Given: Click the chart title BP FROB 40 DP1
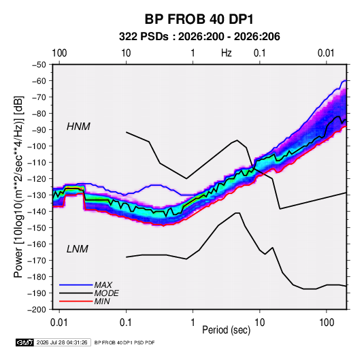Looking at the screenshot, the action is click(x=199, y=19).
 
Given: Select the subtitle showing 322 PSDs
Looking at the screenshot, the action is click(x=199, y=37).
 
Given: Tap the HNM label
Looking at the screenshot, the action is click(x=78, y=127).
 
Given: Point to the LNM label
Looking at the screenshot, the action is click(x=78, y=249).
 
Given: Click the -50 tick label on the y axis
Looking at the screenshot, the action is click(x=39, y=65).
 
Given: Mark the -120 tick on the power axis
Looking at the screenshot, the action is click(x=37, y=179).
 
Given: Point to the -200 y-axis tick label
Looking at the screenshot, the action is click(x=37, y=310).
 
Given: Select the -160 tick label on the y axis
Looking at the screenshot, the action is click(x=37, y=244).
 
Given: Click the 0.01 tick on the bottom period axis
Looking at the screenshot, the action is click(x=59, y=323).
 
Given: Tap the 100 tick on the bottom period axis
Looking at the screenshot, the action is click(x=327, y=323).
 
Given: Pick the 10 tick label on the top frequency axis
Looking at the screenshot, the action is click(x=126, y=53).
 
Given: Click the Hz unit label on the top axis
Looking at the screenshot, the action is click(x=227, y=53).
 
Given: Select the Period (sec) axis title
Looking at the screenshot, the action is click(x=227, y=330).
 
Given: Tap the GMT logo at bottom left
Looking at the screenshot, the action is click(x=25, y=342).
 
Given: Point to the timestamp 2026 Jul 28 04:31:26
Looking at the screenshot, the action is click(x=62, y=342).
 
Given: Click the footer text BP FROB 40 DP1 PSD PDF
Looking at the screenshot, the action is click(x=125, y=342).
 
